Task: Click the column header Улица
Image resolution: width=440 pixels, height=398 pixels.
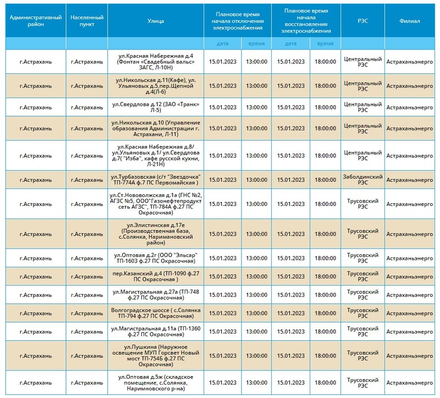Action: pos(156,21)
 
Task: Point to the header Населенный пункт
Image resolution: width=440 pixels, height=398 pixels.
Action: pos(87,21)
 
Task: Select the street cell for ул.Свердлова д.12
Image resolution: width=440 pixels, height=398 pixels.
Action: pos(156,107)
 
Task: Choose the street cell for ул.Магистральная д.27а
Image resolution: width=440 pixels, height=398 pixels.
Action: pos(156,295)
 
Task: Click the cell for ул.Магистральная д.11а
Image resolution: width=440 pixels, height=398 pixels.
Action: pos(156,331)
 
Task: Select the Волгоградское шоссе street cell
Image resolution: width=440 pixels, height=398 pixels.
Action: pos(156,313)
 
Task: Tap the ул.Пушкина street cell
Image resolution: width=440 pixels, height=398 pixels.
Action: pos(156,356)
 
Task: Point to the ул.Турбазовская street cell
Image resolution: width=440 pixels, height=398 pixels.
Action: pos(156,180)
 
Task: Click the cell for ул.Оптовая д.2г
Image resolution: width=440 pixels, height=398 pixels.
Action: pos(156,258)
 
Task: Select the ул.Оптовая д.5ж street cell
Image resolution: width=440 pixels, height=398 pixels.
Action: pos(156,383)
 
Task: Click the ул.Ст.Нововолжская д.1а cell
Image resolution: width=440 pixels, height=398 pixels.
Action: pos(156,204)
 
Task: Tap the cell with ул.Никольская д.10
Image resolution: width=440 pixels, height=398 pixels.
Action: pos(156,128)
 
